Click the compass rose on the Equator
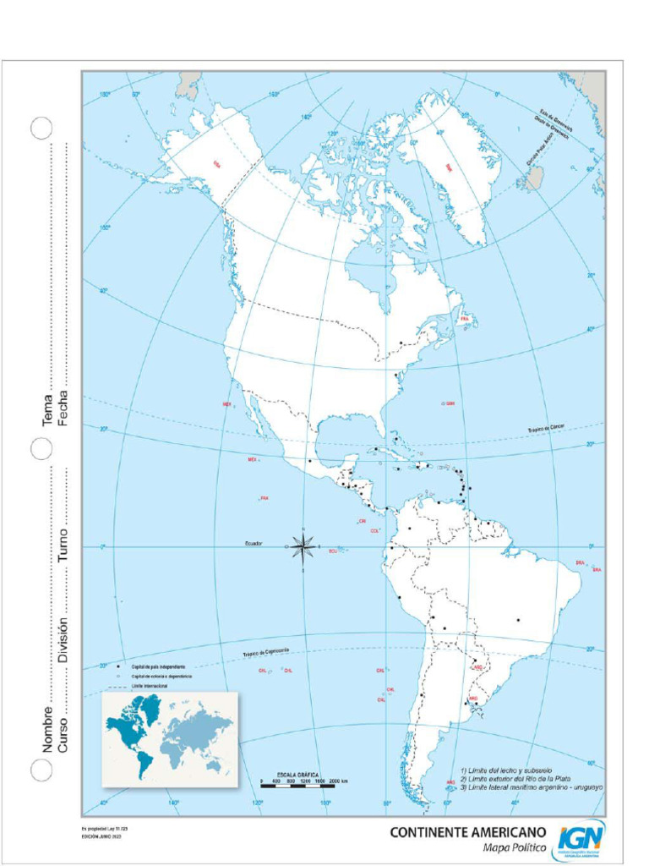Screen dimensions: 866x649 tap(303, 547)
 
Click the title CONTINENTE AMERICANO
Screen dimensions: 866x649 tap(467, 832)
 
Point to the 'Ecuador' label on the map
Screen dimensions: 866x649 tap(254, 542)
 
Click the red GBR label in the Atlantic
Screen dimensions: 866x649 tap(450, 403)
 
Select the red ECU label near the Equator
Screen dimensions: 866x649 tap(333, 551)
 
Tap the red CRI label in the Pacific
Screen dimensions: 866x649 tap(362, 521)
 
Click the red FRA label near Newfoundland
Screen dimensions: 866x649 tap(465, 318)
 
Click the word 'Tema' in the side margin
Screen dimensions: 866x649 tap(48, 410)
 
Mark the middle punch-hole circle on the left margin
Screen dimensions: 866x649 tap(42, 448)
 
